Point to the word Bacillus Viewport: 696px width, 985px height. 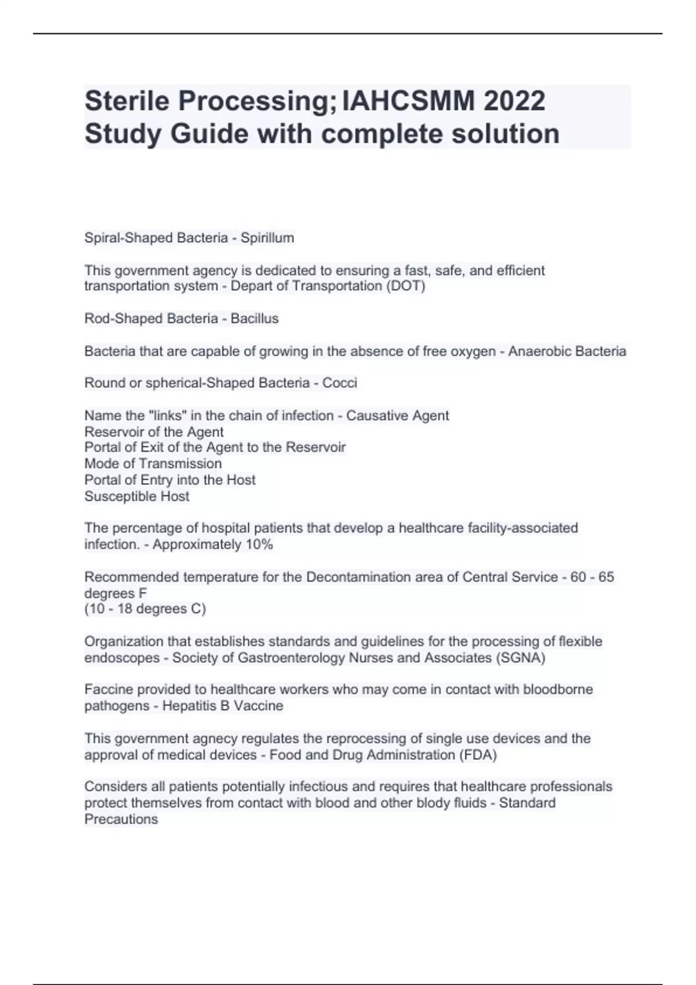[255, 319]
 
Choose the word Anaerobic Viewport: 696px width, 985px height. [536, 351]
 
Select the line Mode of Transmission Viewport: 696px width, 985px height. [153, 464]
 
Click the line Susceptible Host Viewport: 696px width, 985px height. [137, 497]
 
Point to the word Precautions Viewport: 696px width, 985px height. [121, 819]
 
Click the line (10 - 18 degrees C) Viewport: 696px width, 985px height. [145, 609]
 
